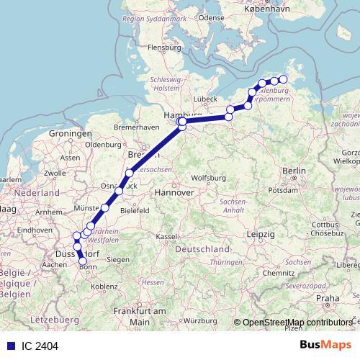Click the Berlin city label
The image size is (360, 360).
295,171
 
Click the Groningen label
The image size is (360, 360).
71,135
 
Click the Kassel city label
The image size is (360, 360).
168,237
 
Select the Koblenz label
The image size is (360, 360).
104,286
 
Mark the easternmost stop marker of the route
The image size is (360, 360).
283,80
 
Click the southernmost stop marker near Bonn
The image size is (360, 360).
83,261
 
